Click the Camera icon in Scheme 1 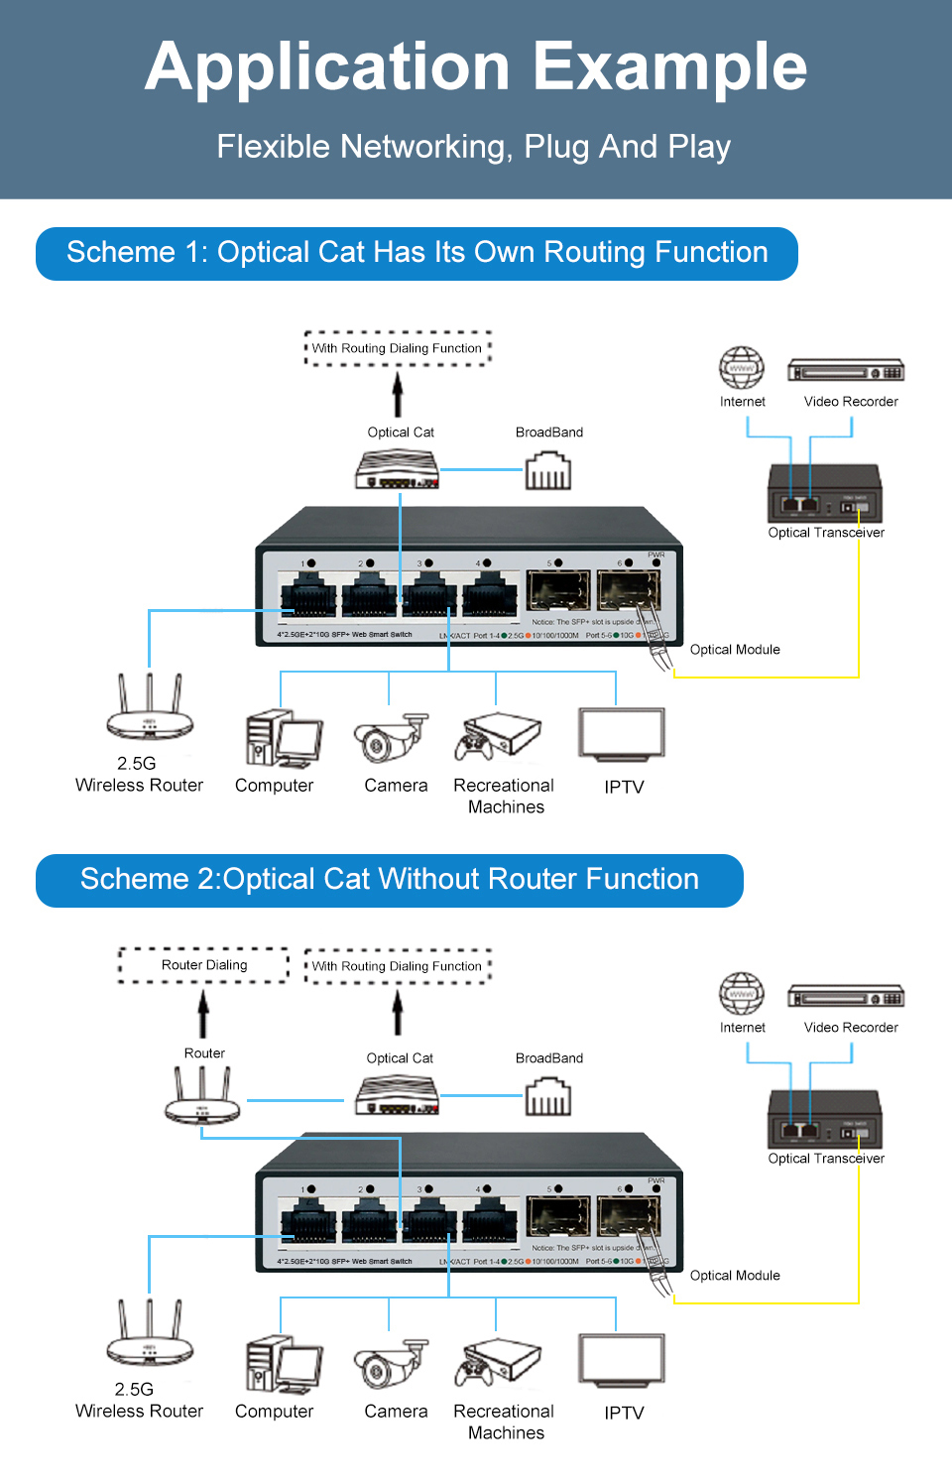point(391,737)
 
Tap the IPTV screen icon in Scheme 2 point(622,1361)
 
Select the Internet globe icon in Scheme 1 point(742,368)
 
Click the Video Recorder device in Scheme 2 point(846,997)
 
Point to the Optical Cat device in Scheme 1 point(398,469)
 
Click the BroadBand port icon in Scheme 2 point(548,1096)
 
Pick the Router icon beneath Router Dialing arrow point(202,1097)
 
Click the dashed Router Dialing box point(204,965)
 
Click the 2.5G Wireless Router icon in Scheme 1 point(150,707)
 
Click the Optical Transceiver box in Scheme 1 point(824,493)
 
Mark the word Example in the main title point(670,66)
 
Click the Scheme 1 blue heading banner point(416,253)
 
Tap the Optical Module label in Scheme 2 point(735,1276)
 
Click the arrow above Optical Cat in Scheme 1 point(398,394)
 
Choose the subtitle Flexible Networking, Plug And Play point(474,147)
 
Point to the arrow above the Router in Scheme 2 point(203,1015)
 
